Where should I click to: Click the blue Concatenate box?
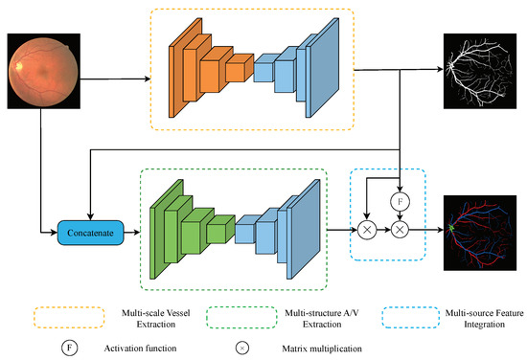[91, 232]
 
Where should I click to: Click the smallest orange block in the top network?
[234, 68]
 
